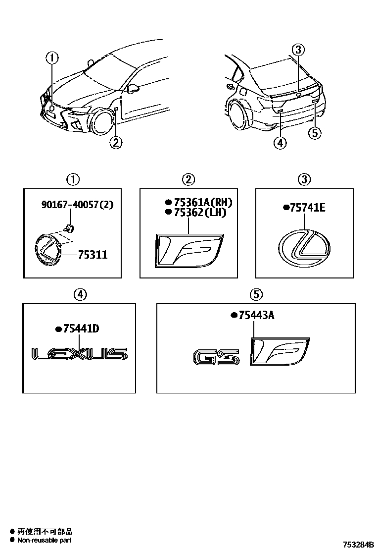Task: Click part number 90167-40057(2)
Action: pos(77,204)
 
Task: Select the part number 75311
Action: pos(93,255)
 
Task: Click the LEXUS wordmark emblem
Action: pos(79,354)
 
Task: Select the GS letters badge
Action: pos(216,358)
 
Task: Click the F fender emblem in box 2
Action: pos(188,250)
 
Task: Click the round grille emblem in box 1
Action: pos(47,252)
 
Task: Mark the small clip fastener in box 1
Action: pos(70,228)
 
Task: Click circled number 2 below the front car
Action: pos(115,143)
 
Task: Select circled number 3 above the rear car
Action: pos(298,50)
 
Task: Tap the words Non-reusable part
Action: pos(45,540)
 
